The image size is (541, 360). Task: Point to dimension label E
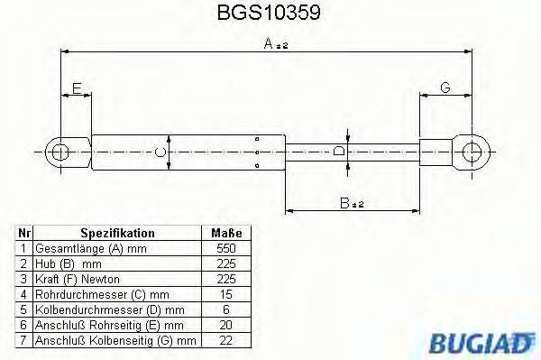click(77, 88)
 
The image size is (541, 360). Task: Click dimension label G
click(445, 88)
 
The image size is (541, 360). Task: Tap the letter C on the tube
click(160, 152)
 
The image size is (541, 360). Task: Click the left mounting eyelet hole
click(61, 152)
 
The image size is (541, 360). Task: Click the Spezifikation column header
click(117, 233)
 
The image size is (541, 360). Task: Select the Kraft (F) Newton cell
click(77, 279)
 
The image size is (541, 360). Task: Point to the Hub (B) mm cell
click(68, 263)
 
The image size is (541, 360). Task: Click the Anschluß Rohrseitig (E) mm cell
click(108, 325)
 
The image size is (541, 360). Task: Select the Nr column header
click(23, 233)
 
